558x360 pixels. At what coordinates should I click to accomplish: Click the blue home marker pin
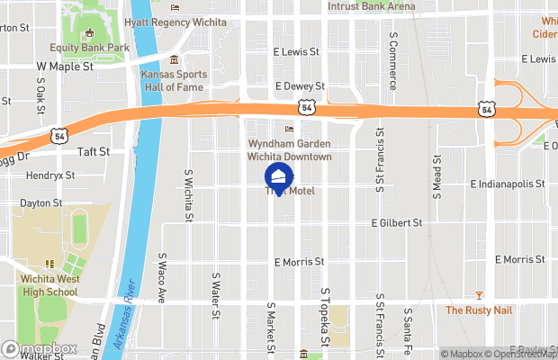pyautogui.click(x=278, y=176)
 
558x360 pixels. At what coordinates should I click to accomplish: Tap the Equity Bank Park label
pyautogui.click(x=90, y=48)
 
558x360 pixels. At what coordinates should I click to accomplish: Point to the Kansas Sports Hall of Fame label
pyautogui.click(x=174, y=80)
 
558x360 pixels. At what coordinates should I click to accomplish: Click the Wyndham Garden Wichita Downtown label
pyautogui.click(x=290, y=150)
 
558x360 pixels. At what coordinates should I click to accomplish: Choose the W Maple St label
pyautogui.click(x=65, y=67)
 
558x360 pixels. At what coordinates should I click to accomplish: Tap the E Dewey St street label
pyautogui.click(x=299, y=86)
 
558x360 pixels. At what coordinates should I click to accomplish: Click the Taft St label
pyautogui.click(x=93, y=152)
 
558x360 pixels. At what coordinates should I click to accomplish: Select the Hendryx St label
pyautogui.click(x=50, y=175)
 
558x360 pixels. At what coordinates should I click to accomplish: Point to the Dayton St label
pyautogui.click(x=41, y=203)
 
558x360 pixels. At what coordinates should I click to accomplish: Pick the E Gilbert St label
pyautogui.click(x=397, y=222)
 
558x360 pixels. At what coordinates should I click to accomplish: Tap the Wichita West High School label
pyautogui.click(x=49, y=285)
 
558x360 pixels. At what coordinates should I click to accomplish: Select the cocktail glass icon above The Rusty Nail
pyautogui.click(x=479, y=295)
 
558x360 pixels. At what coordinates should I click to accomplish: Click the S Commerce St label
pyautogui.click(x=393, y=59)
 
